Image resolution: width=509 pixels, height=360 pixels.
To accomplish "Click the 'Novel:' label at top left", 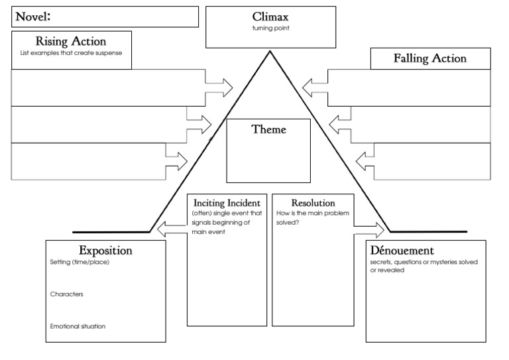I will (x=34, y=17).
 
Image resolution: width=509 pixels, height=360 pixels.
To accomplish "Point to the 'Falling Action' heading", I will (x=430, y=58).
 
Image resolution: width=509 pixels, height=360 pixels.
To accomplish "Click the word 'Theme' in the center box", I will (x=268, y=129).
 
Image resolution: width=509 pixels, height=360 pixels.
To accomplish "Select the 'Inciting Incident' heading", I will (x=227, y=202).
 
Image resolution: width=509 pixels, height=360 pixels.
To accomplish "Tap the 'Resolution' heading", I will (x=313, y=202).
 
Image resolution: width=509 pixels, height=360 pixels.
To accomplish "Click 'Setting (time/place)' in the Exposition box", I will (x=79, y=263).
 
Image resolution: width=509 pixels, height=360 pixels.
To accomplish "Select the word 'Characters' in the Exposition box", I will (x=66, y=294).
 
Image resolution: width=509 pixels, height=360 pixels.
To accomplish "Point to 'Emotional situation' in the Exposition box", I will (x=78, y=326).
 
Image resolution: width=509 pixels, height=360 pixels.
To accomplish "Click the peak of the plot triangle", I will (x=269, y=52).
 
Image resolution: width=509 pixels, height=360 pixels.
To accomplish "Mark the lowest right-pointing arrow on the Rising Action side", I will (x=177, y=160).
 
